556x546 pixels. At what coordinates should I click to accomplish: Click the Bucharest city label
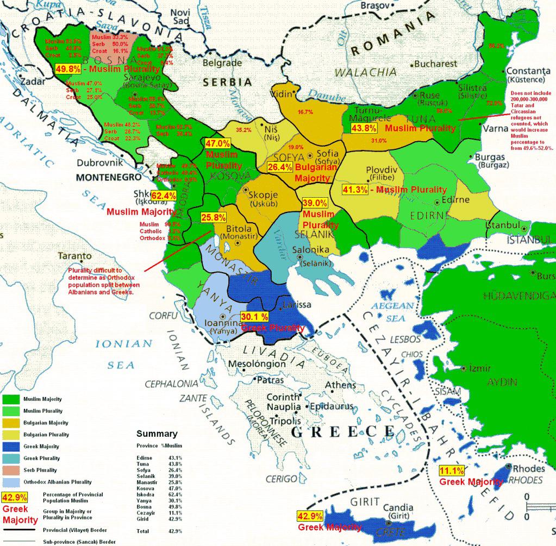point(435,64)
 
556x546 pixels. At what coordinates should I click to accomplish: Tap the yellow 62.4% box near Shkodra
point(163,196)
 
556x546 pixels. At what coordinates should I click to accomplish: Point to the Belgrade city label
point(222,62)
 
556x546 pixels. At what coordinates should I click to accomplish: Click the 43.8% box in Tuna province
point(364,128)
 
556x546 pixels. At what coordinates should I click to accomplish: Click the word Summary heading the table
point(157,434)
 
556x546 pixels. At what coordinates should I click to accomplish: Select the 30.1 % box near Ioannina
point(254,317)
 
